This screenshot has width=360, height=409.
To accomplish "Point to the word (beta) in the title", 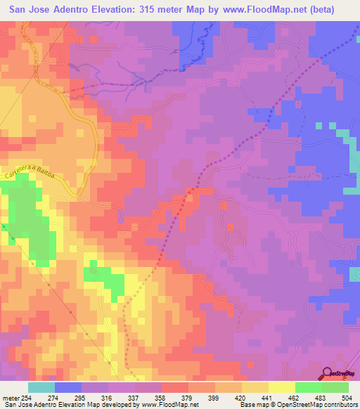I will click(x=334, y=9).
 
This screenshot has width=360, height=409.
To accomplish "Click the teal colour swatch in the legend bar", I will click(x=41, y=388).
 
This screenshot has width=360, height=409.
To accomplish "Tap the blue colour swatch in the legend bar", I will click(x=68, y=388).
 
